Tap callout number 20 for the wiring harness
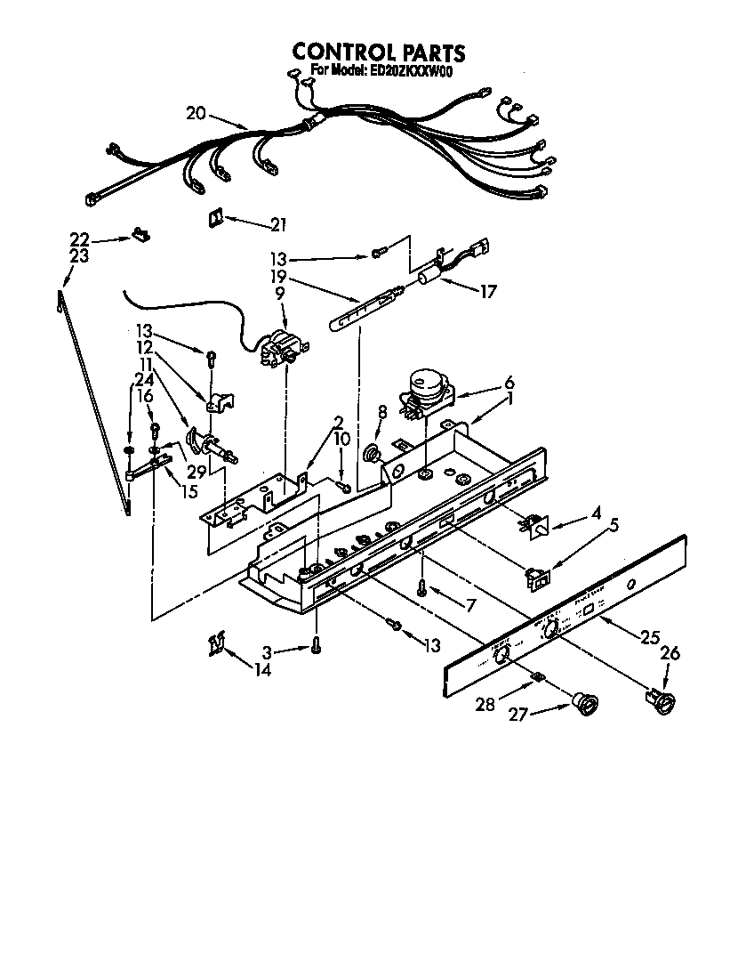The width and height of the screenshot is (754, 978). (197, 113)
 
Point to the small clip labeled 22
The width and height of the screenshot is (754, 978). (140, 234)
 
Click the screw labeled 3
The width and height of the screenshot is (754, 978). (316, 648)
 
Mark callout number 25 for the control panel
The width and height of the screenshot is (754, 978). (651, 637)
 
